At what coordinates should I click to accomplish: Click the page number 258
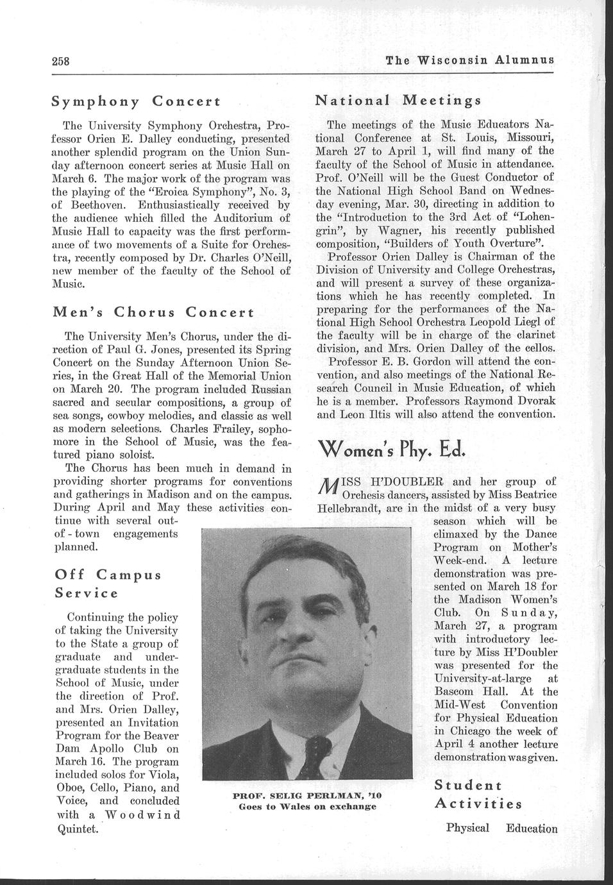60,62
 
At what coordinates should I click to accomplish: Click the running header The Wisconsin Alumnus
470,61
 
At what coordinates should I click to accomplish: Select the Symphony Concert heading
136,101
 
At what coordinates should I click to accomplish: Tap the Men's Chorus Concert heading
153,312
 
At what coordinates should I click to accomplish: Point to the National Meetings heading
398,101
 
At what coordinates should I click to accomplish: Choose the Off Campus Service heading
108,582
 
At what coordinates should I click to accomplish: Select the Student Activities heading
477,794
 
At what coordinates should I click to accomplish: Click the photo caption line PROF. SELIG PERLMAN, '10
306,795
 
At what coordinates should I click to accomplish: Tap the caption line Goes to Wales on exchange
306,807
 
